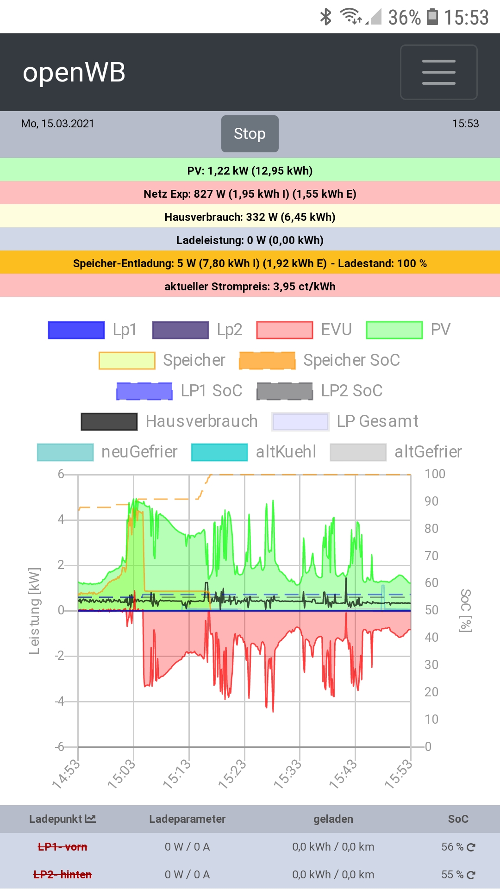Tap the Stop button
(x=250, y=134)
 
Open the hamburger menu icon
(x=438, y=72)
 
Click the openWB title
(x=74, y=73)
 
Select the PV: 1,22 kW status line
(x=250, y=170)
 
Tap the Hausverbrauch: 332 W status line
(x=250, y=217)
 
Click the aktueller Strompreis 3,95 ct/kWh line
(x=250, y=286)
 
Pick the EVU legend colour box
(x=284, y=330)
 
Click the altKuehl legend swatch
(x=219, y=452)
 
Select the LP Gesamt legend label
(x=377, y=421)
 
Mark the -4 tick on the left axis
(x=60, y=701)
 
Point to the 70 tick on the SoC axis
(x=431, y=556)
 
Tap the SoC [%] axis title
(x=465, y=611)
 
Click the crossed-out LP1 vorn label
(x=62, y=847)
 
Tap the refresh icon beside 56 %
(x=471, y=847)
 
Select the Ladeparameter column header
(x=187, y=819)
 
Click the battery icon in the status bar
(x=432, y=17)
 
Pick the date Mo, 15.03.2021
(x=57, y=124)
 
